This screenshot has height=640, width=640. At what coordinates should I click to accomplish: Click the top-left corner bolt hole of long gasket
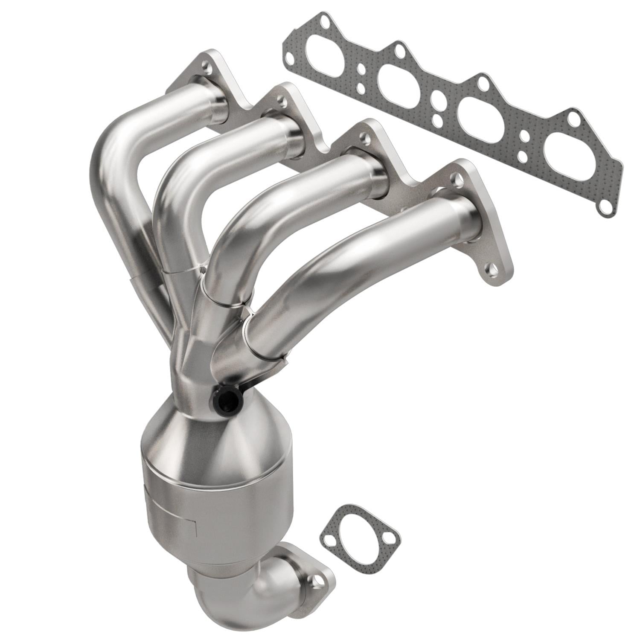(x=326, y=20)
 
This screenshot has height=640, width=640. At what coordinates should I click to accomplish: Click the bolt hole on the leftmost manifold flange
(x=207, y=67)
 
